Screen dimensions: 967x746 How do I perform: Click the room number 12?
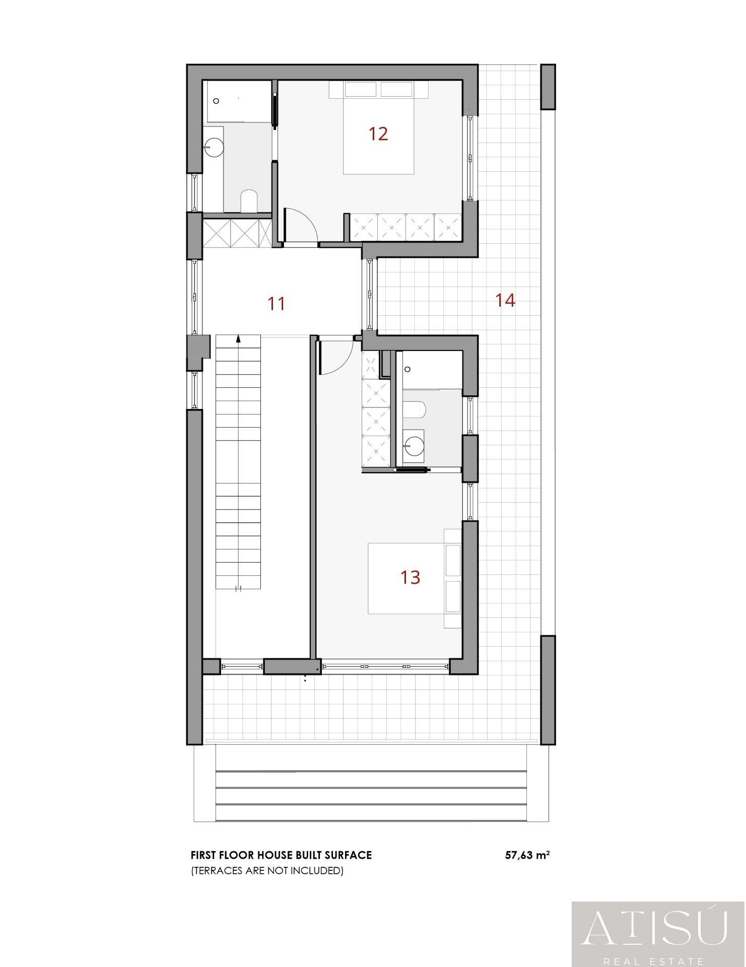pos(378,134)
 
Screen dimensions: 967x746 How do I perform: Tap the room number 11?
pos(277,304)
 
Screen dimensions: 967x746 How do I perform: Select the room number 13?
pos(410,577)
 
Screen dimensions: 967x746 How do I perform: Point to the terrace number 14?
pos(505,300)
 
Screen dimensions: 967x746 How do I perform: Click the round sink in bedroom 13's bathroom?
pos(415,444)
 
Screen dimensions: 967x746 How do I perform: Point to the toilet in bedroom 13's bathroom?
pos(416,409)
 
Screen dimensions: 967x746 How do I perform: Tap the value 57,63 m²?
pos(527,855)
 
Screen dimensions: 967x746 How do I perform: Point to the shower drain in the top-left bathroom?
pos(217,101)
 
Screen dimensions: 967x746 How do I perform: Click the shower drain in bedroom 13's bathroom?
pos(408,369)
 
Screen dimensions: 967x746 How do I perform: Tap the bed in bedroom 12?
pos(378,136)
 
